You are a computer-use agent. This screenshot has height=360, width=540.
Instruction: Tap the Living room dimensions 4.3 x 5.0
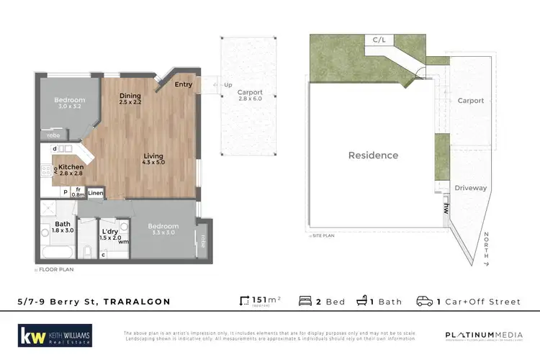[153, 163]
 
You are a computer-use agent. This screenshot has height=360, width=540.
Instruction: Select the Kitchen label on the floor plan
[71, 166]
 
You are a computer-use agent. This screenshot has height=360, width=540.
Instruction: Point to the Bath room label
[63, 224]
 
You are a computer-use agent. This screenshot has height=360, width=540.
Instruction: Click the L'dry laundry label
[109, 230]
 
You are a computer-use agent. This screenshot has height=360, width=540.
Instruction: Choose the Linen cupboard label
[96, 193]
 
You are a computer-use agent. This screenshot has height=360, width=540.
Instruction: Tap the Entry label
[184, 84]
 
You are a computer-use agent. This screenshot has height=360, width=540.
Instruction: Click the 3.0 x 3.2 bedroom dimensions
[71, 107]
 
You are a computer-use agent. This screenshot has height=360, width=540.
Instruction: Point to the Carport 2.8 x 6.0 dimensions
[251, 100]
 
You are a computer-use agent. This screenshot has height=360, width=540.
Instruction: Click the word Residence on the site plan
[373, 155]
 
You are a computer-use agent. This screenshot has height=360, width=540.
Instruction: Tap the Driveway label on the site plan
[471, 188]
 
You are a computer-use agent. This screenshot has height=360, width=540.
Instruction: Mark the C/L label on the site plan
[379, 40]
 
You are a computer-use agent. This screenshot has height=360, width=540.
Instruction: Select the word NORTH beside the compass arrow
[487, 246]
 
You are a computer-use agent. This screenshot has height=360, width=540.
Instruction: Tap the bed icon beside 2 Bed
[305, 301]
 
